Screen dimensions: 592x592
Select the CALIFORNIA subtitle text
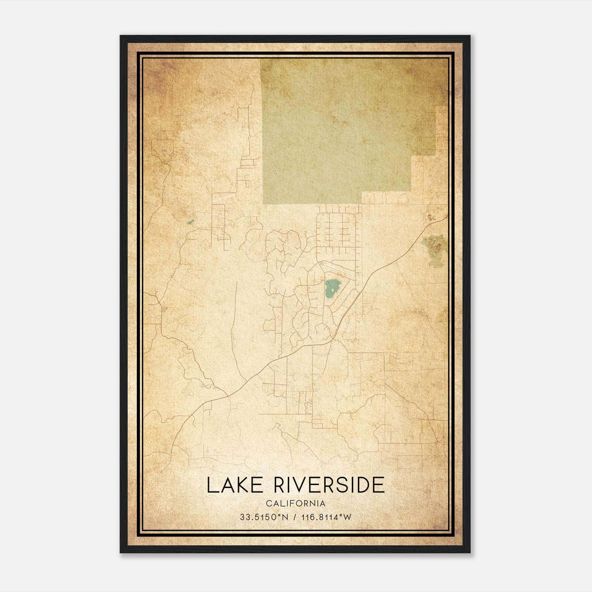point(296,504)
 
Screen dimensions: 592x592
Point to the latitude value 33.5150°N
point(264,517)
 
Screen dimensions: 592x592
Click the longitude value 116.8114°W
point(327,517)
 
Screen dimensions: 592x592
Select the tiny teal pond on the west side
point(190,222)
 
